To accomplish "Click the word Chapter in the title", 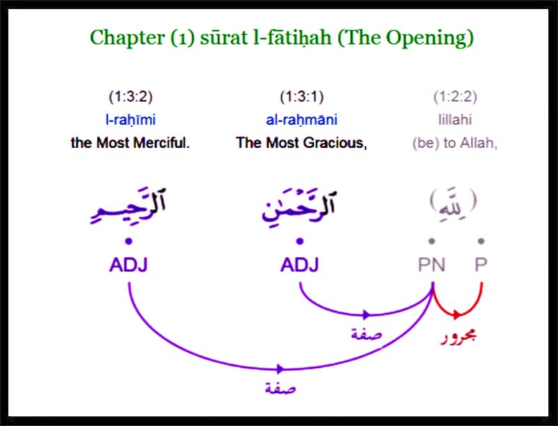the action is click(x=127, y=38).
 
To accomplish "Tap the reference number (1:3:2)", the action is click(x=130, y=97).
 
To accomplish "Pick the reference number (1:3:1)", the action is click(x=302, y=97).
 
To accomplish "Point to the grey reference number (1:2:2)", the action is click(x=455, y=97).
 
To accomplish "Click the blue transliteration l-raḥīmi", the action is click(x=130, y=120).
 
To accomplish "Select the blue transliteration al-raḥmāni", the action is click(x=302, y=120).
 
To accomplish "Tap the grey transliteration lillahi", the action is click(x=455, y=119).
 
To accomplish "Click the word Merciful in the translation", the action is click(x=163, y=143).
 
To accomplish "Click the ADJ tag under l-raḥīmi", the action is click(x=128, y=265).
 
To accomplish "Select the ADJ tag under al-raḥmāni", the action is click(x=300, y=265).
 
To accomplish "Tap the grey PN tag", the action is click(x=432, y=265).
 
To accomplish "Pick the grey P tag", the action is click(x=481, y=265).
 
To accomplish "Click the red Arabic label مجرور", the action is click(x=458, y=337).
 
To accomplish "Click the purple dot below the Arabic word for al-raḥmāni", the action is click(x=300, y=241).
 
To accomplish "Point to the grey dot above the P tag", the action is click(x=481, y=241).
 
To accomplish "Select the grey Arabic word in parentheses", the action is click(x=453, y=201).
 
